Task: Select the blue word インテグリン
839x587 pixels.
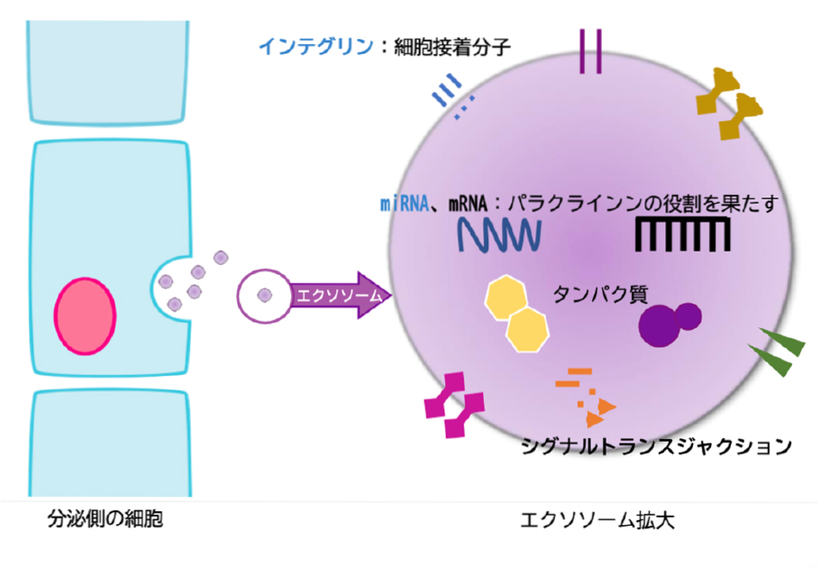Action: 315,46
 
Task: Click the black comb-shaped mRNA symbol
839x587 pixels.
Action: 682,234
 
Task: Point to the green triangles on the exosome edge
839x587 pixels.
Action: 777,353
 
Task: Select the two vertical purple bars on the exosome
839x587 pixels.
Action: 591,52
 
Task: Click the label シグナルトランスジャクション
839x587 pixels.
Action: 657,445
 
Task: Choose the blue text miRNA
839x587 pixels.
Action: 402,205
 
